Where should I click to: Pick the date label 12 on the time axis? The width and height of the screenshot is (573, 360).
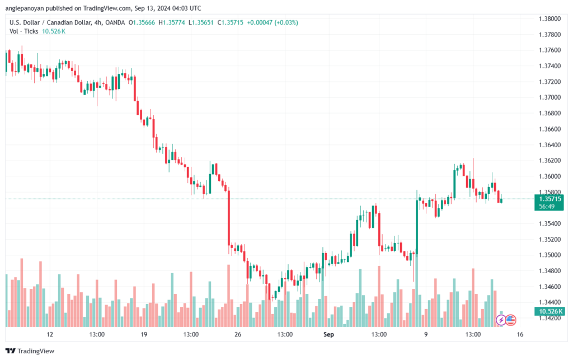50,334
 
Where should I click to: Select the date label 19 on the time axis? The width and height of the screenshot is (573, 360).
144,334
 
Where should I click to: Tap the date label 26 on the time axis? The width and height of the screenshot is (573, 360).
238,334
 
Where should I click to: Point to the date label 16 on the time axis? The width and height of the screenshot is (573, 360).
520,334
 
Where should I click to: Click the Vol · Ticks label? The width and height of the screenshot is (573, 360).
24,31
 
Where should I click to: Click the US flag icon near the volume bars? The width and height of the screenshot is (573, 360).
511,320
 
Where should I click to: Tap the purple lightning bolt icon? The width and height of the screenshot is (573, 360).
501,320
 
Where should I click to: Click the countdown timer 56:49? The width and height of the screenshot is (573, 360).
547,207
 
